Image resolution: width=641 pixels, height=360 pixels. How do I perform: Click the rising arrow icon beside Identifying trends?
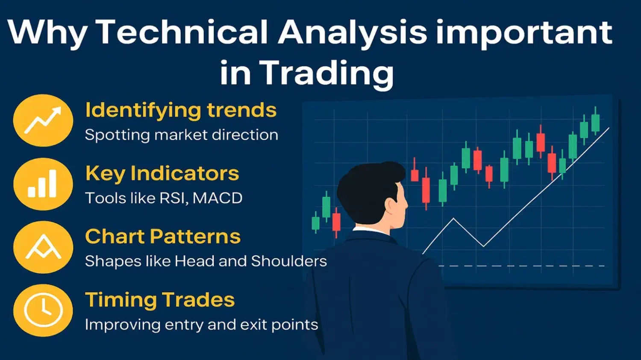pos(43,120)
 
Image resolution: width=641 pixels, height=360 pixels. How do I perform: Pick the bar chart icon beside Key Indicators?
pos(42,184)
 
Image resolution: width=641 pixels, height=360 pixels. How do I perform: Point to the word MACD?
pos(218,198)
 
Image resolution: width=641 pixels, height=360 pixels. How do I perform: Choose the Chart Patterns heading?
pos(163,237)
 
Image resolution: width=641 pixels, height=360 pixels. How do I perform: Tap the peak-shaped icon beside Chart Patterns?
pos(43,246)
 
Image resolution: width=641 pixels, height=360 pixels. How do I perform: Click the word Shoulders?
pos(289,261)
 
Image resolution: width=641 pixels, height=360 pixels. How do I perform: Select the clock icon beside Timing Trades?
pos(43,310)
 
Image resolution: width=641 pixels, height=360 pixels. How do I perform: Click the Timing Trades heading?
pos(160,300)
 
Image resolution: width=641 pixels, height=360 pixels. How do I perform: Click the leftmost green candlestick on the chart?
pos(316,222)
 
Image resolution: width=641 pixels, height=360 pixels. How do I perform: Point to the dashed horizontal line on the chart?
pos(521,266)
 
